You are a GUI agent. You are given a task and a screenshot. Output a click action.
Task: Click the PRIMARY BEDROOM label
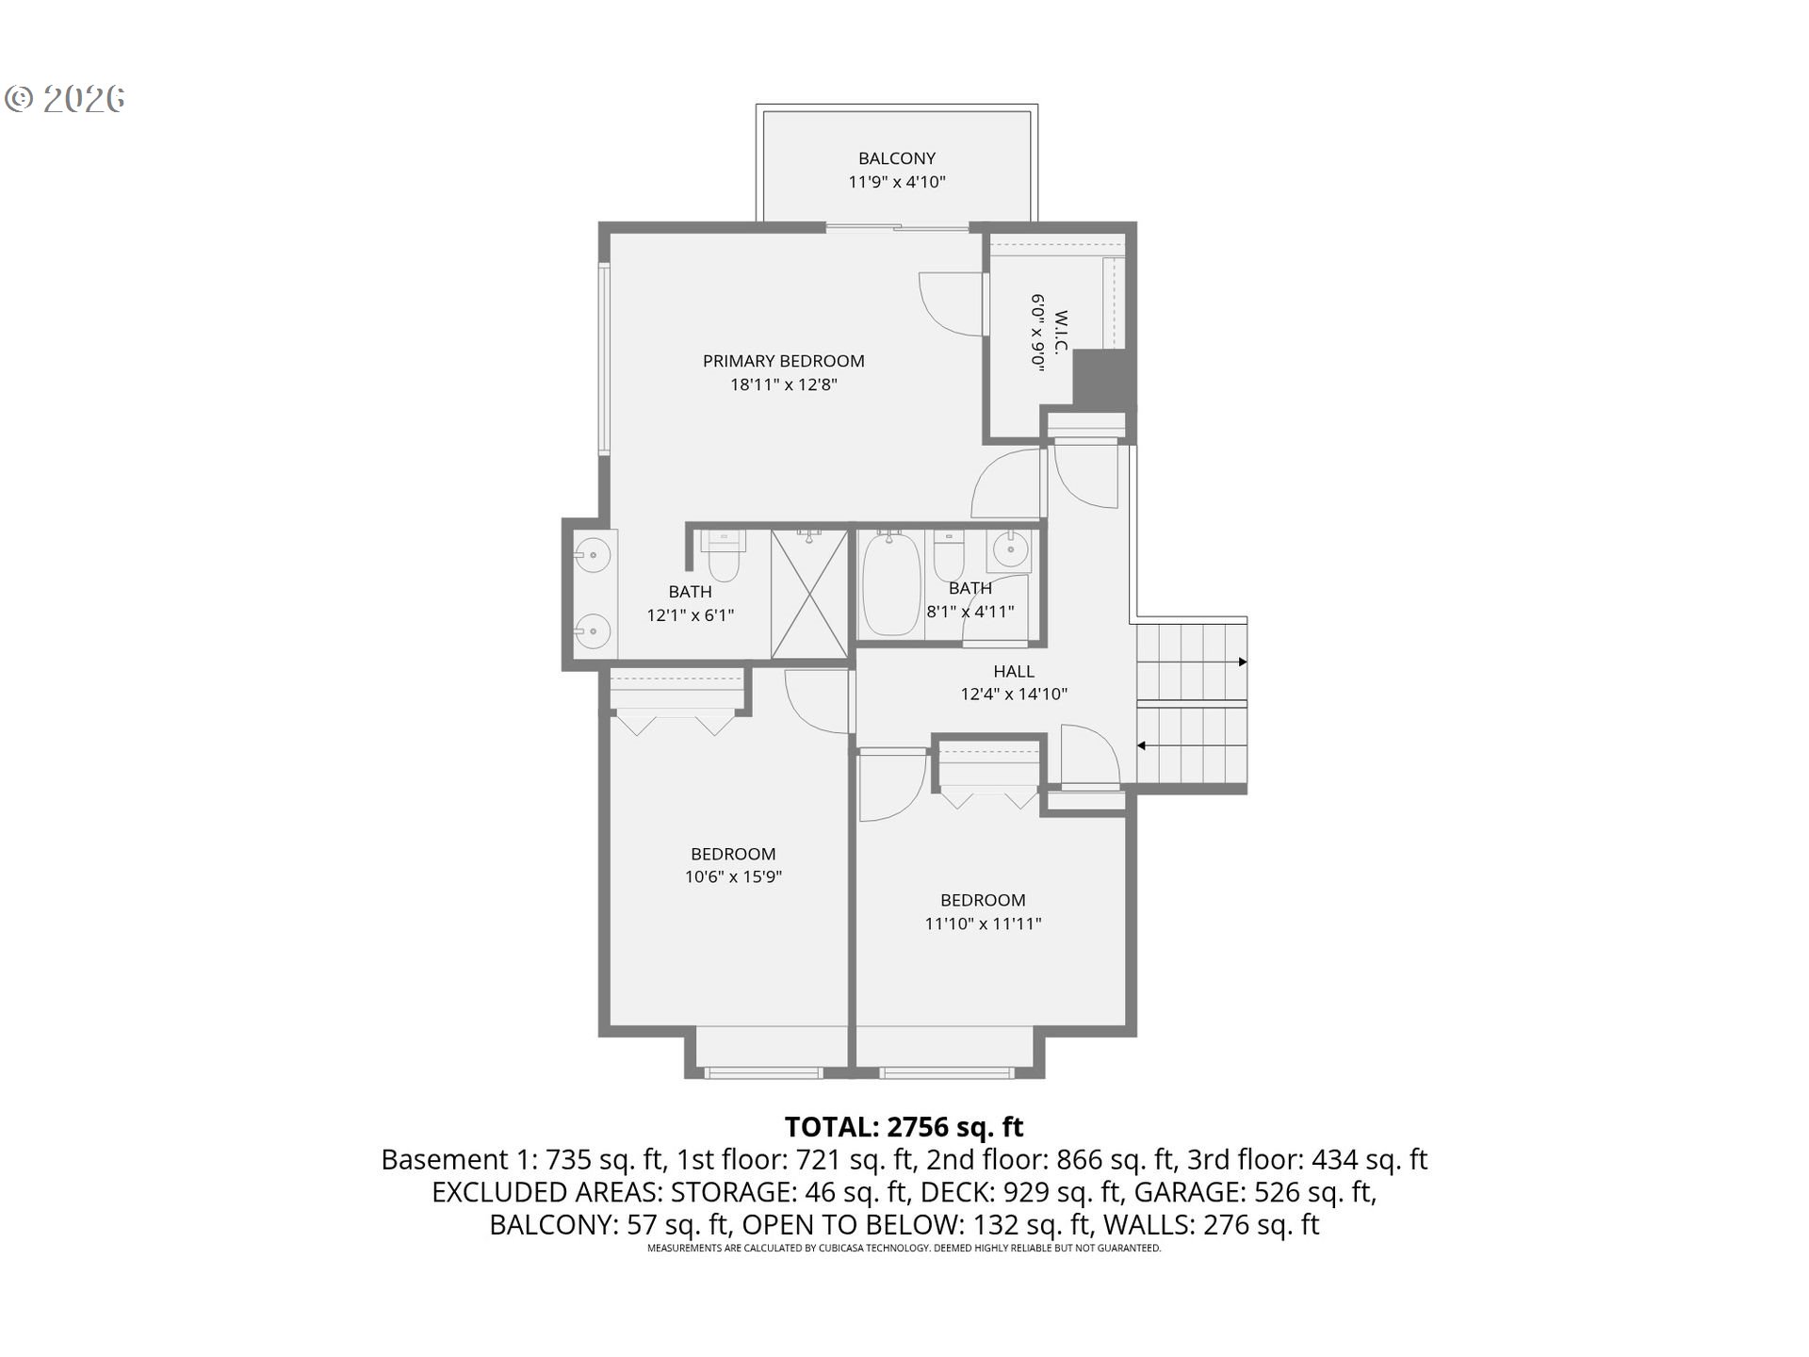(x=783, y=361)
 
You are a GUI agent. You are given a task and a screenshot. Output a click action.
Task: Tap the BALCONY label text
(x=896, y=158)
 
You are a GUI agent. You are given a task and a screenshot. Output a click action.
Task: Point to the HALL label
(x=1014, y=671)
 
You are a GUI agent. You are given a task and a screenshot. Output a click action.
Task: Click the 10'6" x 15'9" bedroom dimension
(x=733, y=877)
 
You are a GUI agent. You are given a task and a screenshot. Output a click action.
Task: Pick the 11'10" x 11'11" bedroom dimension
(x=983, y=924)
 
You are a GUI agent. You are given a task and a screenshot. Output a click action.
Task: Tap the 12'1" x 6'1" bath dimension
(x=690, y=615)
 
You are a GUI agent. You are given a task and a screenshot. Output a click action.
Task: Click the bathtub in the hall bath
(x=891, y=584)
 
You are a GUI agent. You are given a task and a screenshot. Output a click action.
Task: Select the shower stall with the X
(x=809, y=594)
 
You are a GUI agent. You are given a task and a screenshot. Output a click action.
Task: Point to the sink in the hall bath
(x=1009, y=550)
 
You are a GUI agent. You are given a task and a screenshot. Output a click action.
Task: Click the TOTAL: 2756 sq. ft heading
(x=904, y=1127)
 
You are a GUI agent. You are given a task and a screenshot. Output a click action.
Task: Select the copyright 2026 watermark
(x=65, y=99)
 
